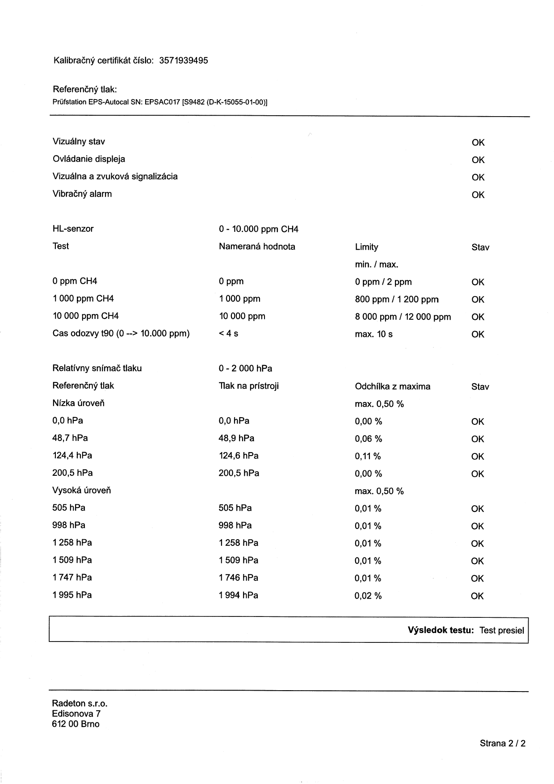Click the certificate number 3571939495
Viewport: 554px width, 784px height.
(183, 61)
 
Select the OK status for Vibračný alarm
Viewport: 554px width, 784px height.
(478, 195)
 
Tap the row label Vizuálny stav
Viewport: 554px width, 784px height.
(79, 142)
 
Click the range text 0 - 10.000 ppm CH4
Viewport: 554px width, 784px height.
(258, 229)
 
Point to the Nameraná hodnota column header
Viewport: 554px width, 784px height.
(257, 247)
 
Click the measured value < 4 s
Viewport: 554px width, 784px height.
(228, 334)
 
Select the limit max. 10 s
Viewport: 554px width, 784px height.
(374, 334)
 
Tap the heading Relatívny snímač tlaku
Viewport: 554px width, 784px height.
(97, 368)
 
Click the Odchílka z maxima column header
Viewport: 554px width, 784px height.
(392, 386)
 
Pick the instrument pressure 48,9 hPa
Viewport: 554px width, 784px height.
(236, 438)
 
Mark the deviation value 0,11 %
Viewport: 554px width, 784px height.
(368, 456)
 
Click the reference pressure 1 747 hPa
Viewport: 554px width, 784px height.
(72, 578)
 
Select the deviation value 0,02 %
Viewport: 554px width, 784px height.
(368, 596)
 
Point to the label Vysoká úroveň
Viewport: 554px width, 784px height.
(81, 491)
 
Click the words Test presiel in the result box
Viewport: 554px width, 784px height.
(501, 630)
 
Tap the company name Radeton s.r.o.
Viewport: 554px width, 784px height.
(80, 704)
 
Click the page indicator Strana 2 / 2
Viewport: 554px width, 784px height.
(502, 743)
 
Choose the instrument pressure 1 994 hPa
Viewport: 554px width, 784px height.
(238, 595)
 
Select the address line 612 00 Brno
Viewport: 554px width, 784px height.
(76, 724)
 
